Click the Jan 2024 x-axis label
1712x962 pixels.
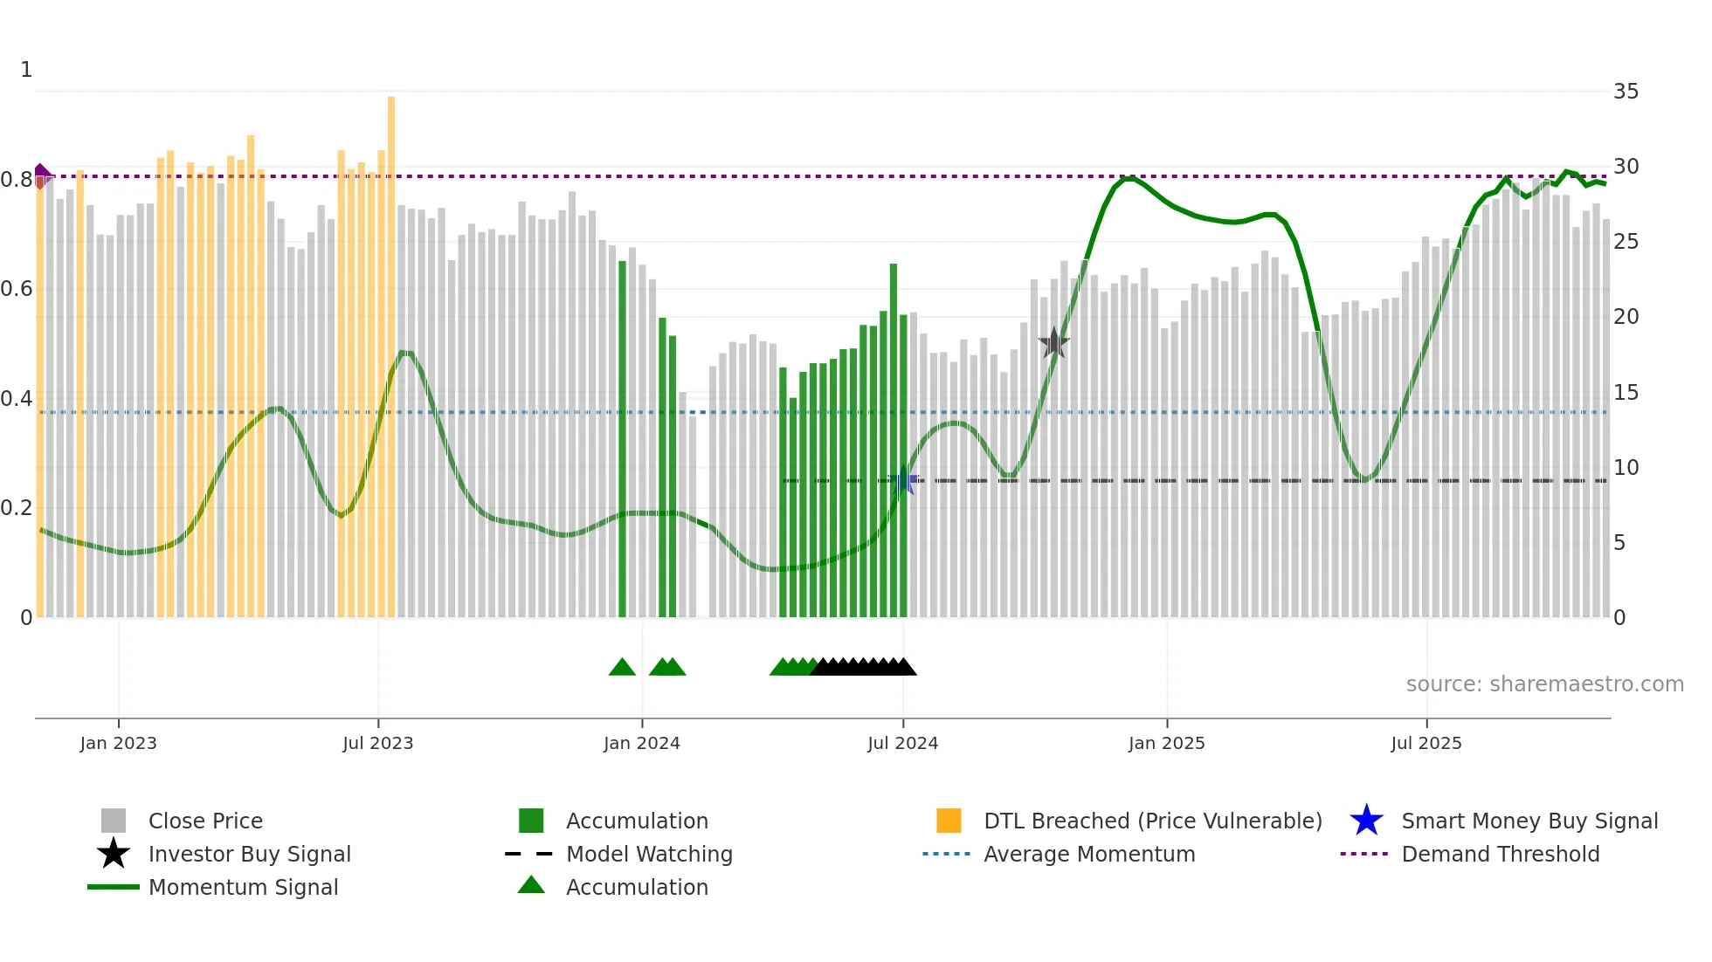coord(641,743)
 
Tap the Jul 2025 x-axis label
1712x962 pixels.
coord(1426,743)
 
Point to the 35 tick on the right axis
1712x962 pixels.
coord(1626,92)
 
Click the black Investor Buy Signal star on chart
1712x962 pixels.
coord(1054,343)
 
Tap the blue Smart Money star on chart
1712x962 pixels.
coord(903,481)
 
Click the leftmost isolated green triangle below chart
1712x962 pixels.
coord(622,668)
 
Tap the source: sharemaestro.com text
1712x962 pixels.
coord(1544,684)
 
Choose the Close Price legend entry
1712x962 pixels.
coord(205,821)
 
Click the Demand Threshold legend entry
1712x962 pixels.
coord(1500,855)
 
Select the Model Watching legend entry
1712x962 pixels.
coord(648,855)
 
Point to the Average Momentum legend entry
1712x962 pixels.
coord(1088,855)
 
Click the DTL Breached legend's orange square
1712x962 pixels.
coord(949,821)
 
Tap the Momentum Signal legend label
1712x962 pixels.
coord(243,888)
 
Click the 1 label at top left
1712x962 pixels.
coord(26,70)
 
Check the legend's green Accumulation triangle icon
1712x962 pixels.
coord(531,886)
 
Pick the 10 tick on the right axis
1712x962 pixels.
coord(1626,468)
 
